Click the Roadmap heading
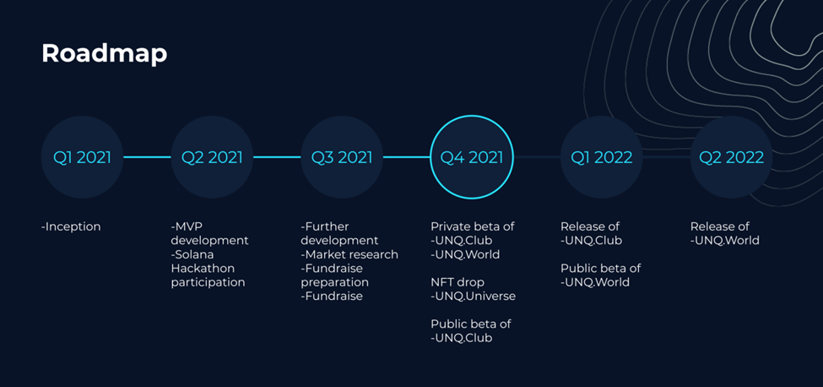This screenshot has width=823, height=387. click(105, 53)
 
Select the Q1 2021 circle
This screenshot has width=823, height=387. click(83, 157)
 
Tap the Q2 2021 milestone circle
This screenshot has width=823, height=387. click(212, 157)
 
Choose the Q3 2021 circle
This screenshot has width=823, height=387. click(342, 157)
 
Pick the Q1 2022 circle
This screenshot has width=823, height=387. click(602, 157)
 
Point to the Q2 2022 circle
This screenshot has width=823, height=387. click(731, 157)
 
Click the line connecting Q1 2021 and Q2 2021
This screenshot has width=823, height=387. click(147, 157)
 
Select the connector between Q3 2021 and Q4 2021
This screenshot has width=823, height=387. click(407, 157)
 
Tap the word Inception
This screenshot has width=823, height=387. click(73, 226)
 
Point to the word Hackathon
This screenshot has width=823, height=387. click(203, 269)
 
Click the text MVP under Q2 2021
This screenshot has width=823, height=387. click(185, 226)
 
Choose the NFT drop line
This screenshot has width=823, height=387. click(458, 282)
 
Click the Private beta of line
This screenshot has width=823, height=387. click(473, 226)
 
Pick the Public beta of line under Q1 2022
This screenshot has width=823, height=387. click(600, 269)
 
